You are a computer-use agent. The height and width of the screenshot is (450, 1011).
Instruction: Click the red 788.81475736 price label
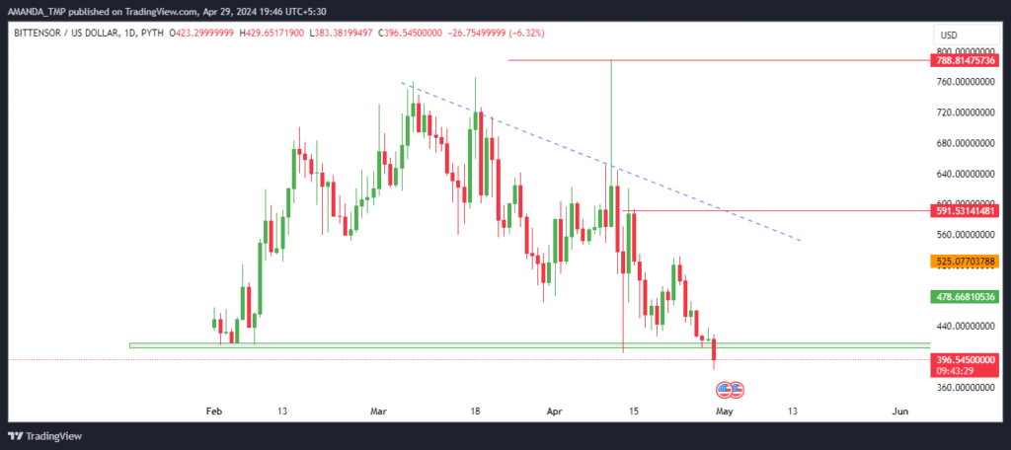tap(964, 60)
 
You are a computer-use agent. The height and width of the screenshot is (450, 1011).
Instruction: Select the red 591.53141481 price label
tap(964, 211)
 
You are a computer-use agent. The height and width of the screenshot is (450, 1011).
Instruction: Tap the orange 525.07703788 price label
tap(964, 262)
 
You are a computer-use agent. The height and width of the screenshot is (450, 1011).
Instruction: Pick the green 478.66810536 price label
tap(964, 297)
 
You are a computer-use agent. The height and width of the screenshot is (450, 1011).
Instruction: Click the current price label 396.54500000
tap(964, 359)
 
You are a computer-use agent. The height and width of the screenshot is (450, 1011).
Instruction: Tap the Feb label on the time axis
tap(213, 412)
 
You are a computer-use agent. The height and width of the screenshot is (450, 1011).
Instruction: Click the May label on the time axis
tap(725, 412)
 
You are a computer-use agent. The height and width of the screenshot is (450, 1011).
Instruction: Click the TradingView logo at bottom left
tap(45, 436)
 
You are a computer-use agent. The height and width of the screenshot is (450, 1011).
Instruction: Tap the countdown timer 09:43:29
tap(953, 370)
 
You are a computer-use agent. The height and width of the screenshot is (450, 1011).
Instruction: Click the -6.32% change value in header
tap(526, 33)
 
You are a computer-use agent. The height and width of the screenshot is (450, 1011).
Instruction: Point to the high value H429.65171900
tap(273, 33)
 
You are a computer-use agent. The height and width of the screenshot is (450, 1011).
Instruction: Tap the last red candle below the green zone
tap(714, 350)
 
